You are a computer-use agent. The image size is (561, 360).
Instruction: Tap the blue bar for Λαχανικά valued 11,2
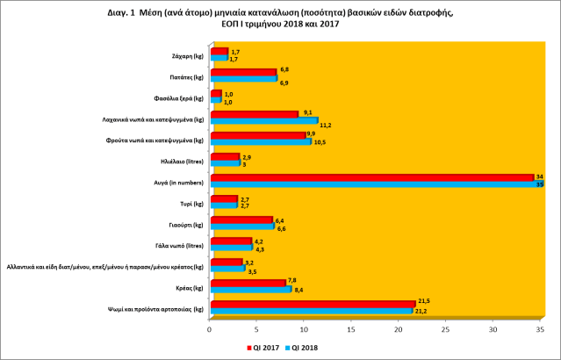(263, 119)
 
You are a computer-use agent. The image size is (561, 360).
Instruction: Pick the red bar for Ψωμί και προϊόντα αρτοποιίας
(311, 304)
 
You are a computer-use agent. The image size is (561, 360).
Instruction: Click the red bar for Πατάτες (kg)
(242, 72)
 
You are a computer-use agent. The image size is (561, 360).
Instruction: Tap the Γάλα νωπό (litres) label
(179, 245)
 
